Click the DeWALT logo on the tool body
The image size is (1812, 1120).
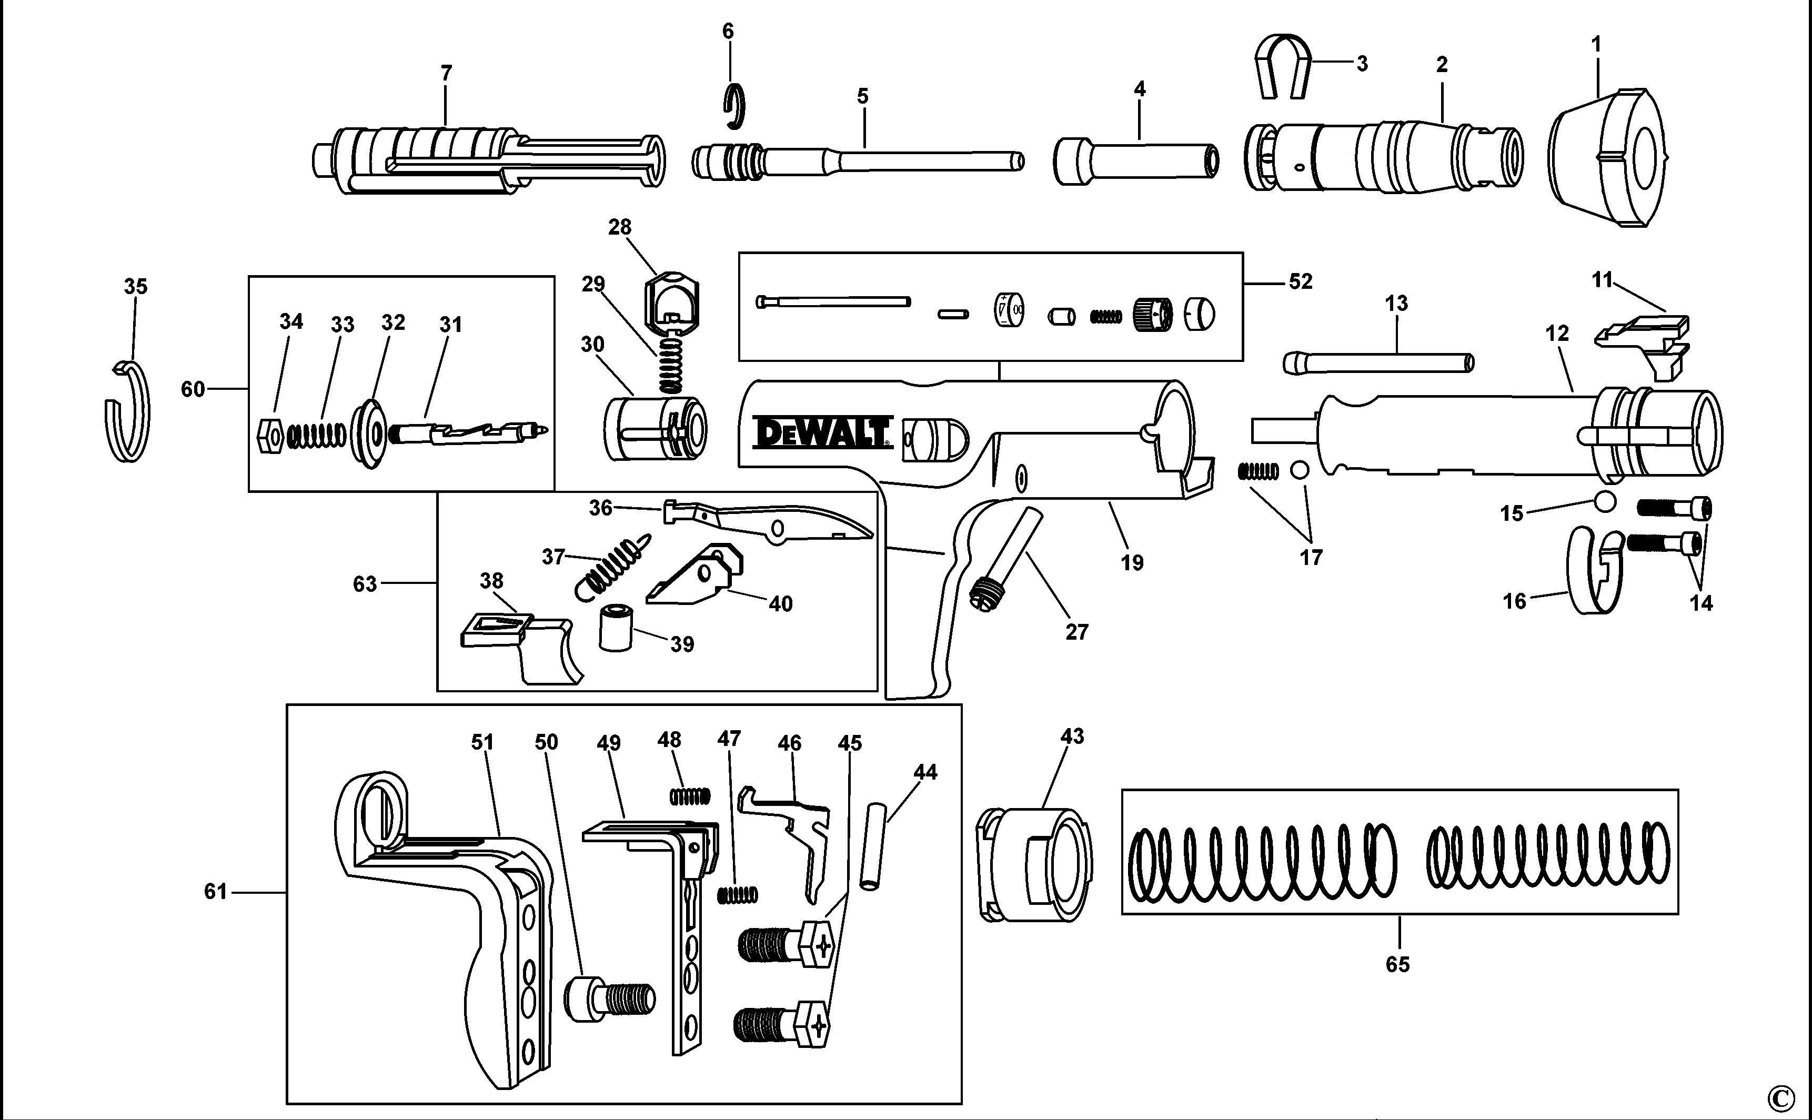click(x=821, y=432)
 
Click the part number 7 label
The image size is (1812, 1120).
click(x=446, y=73)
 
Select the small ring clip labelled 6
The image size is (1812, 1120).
click(x=733, y=106)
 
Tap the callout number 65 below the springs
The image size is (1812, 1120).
click(x=1397, y=964)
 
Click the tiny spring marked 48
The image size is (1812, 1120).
click(x=690, y=796)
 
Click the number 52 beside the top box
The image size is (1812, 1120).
click(x=1300, y=281)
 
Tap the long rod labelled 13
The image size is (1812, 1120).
click(x=1378, y=363)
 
